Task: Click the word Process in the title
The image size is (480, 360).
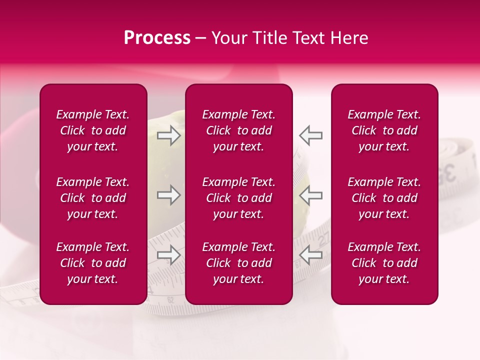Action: (x=157, y=38)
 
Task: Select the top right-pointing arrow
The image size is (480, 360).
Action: (x=168, y=135)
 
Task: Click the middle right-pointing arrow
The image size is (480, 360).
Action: (x=168, y=195)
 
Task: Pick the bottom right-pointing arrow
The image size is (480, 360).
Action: (x=168, y=255)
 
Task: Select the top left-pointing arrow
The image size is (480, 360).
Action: (x=310, y=135)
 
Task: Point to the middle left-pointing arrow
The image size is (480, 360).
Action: (x=310, y=195)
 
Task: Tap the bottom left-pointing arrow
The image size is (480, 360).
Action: (x=310, y=255)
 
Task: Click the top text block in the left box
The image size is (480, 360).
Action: (x=93, y=130)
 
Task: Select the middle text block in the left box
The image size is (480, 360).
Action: (x=93, y=198)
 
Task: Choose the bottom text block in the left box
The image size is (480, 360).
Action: (x=93, y=263)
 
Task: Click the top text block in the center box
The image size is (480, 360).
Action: (x=238, y=130)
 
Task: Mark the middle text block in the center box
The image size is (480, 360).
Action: (x=238, y=198)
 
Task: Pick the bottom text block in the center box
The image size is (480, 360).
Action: (x=238, y=263)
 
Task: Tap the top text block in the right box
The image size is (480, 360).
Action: (x=384, y=130)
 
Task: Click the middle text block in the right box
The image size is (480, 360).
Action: (x=384, y=198)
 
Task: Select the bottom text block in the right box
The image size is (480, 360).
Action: (x=384, y=263)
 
